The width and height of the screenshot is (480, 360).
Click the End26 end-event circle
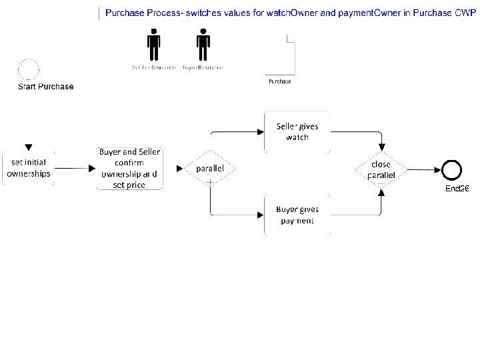pyautogui.click(x=451, y=169)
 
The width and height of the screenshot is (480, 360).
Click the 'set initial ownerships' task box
pyautogui.click(x=29, y=168)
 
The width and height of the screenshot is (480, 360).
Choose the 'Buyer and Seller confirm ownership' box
pyautogui.click(x=130, y=168)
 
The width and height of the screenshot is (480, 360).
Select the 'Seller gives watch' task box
pyautogui.click(x=297, y=131)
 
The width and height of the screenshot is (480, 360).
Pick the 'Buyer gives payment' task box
pyautogui.click(x=297, y=215)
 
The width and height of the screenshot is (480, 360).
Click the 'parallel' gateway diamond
pyautogui.click(x=210, y=169)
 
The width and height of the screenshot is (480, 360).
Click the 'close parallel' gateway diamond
pyautogui.click(x=381, y=169)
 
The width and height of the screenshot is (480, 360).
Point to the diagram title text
pyautogui.click(x=290, y=13)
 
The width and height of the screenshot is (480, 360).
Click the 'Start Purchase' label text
pyautogui.click(x=45, y=87)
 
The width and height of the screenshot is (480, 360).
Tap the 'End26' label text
pyautogui.click(x=457, y=189)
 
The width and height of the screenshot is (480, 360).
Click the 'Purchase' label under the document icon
pyautogui.click(x=279, y=81)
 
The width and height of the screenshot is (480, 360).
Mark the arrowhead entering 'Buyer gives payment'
pyautogui.click(x=261, y=215)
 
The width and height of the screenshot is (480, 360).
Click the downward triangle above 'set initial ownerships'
pyautogui.click(x=29, y=147)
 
